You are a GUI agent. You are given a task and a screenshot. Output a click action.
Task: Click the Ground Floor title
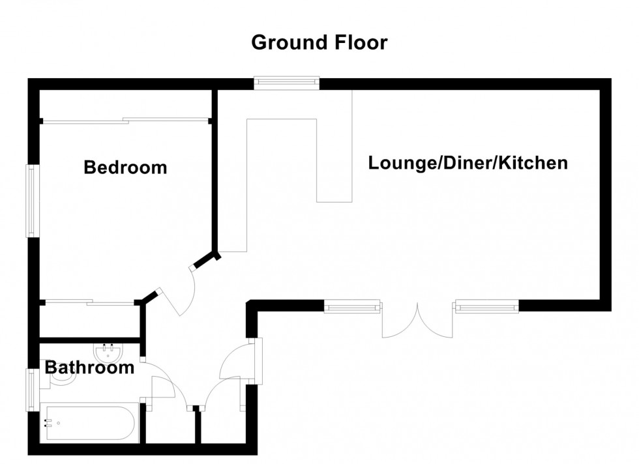pos(319,43)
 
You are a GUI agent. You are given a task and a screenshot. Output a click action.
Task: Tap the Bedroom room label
pos(125,167)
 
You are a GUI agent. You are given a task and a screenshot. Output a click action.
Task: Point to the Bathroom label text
pos(89,368)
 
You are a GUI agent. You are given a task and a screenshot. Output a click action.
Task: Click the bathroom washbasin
pos(107,353)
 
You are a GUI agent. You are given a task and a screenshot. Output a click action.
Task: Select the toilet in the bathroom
pos(61,377)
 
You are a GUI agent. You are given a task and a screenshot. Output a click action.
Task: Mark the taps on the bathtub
pos(47,423)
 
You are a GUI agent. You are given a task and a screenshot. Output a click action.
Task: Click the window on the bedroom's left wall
pos(30,201)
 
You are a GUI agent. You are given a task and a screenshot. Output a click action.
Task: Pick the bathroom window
pos(30,390)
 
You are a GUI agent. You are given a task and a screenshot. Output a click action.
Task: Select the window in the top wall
pos(287,82)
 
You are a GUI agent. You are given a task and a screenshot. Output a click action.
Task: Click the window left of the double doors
pos(352,305)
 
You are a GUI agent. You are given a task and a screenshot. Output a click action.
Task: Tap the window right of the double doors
pos(487,305)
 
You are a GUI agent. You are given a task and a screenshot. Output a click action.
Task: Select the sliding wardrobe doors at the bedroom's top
pos(125,120)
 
